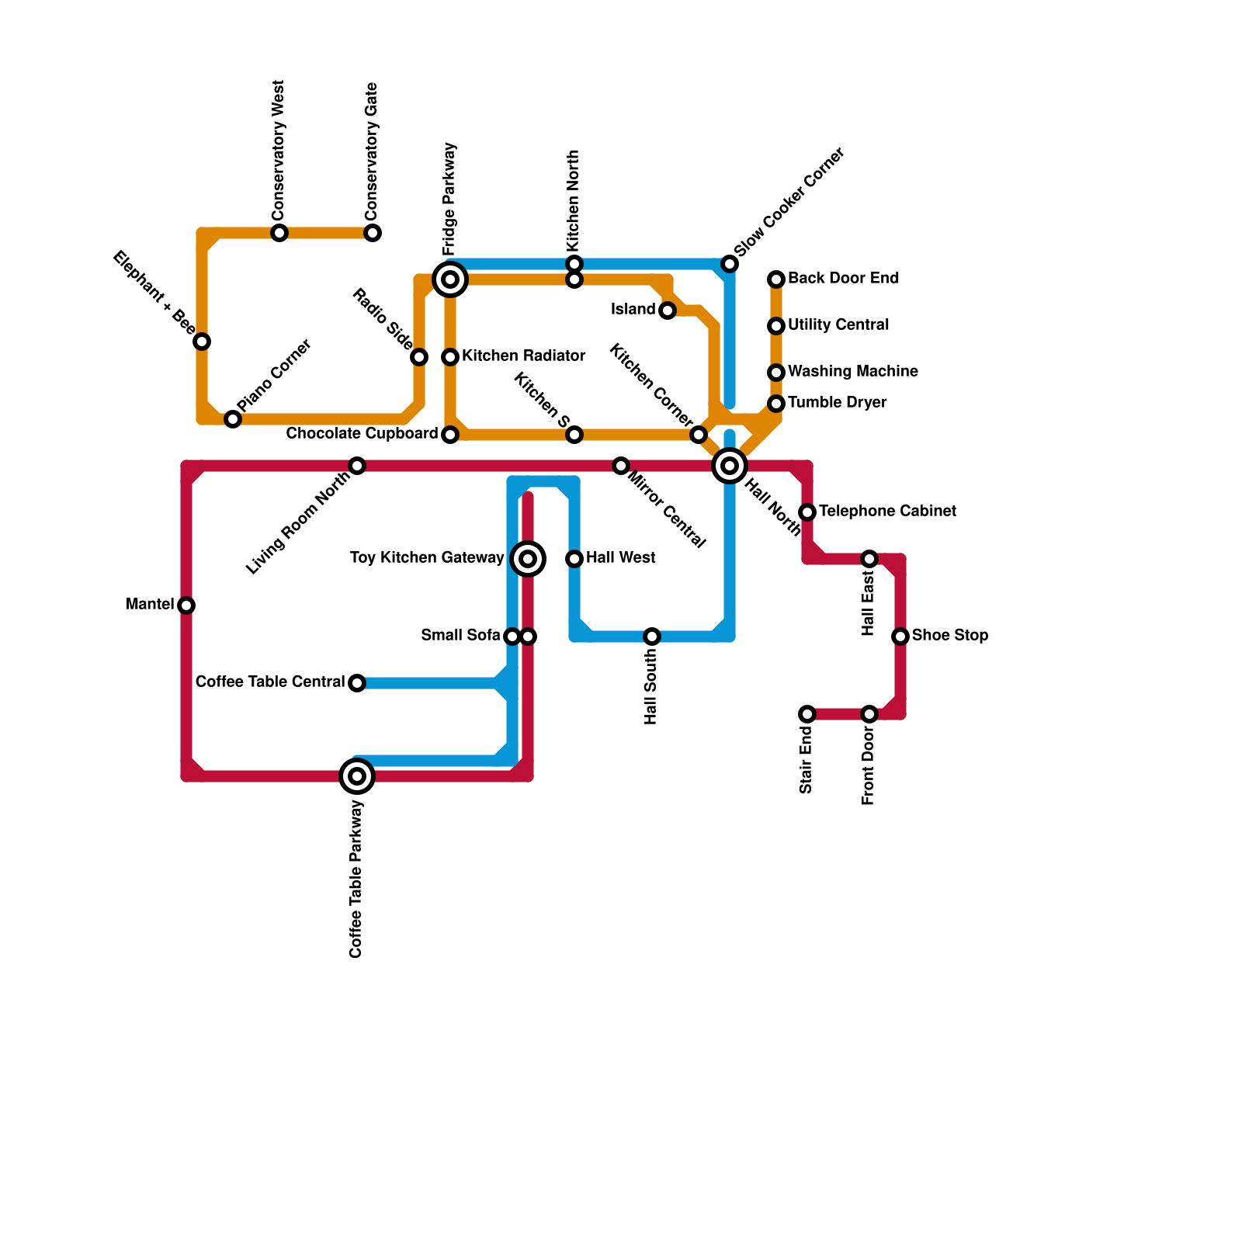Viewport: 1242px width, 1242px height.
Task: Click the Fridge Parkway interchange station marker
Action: click(450, 279)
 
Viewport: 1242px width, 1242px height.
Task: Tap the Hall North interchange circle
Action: click(730, 466)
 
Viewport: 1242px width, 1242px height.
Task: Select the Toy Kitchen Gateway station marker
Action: click(528, 559)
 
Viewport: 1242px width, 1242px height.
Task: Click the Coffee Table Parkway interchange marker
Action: click(357, 776)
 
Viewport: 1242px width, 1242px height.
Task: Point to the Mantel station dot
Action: click(186, 605)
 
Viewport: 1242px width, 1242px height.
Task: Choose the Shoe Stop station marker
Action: click(900, 637)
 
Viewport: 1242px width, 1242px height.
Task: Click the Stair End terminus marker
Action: click(807, 714)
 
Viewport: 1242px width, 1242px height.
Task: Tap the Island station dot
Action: click(668, 310)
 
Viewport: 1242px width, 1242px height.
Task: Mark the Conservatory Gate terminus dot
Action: click(373, 233)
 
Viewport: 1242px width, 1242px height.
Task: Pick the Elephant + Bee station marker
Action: click(202, 342)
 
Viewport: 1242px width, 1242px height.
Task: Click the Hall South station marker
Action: click(652, 637)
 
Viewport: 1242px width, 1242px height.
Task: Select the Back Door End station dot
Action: click(776, 279)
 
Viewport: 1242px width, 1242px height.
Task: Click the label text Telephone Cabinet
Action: click(887, 512)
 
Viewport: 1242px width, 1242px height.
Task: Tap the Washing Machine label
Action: click(852, 372)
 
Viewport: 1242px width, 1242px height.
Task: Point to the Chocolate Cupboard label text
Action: click(362, 434)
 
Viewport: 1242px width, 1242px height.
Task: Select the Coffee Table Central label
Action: click(270, 682)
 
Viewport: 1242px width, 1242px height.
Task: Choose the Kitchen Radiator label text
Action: click(523, 356)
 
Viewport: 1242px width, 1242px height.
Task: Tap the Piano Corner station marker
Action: click(233, 419)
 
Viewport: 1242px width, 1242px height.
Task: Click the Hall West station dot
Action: click(574, 559)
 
